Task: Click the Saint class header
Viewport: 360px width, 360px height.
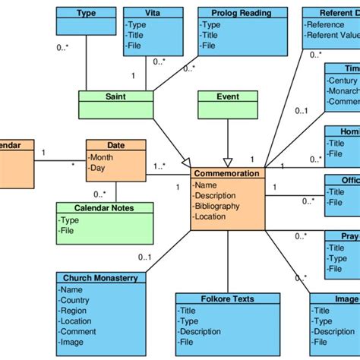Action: [x=116, y=96]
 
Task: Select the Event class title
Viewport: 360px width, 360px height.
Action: [x=228, y=96]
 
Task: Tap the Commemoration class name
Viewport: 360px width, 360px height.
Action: [x=227, y=174]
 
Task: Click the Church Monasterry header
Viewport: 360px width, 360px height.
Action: [x=100, y=278]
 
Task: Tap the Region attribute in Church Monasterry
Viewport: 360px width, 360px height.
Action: [x=74, y=311]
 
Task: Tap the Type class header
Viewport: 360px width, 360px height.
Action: [x=86, y=13]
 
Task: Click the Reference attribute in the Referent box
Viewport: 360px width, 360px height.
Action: [x=327, y=24]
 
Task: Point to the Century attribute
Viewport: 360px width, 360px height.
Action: [x=343, y=80]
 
